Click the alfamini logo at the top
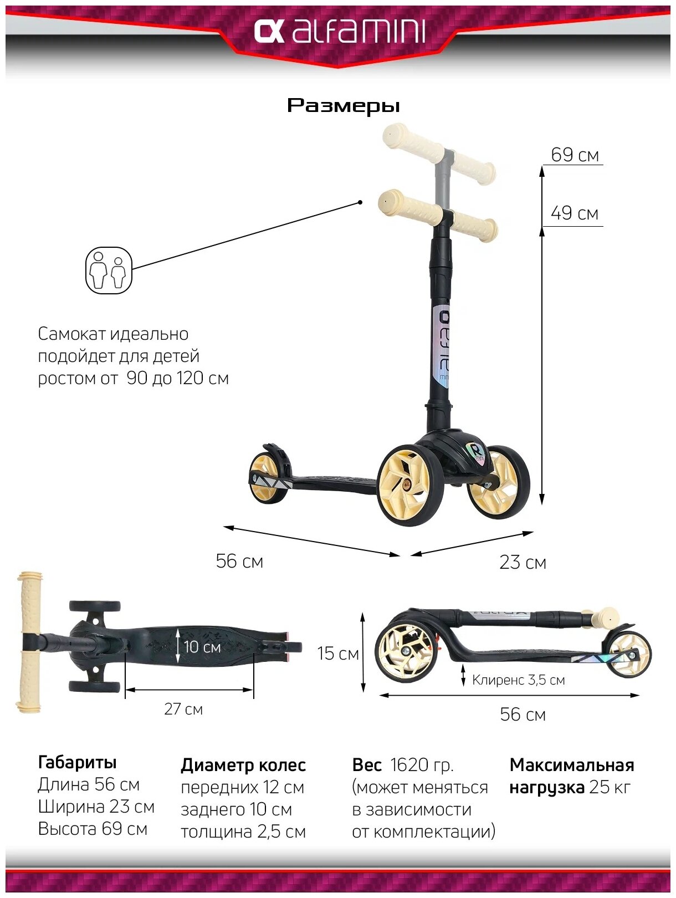click(339, 32)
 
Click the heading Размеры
click(343, 105)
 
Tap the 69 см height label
click(575, 155)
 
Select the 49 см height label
click(575, 213)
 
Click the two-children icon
click(109, 271)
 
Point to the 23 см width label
click(523, 563)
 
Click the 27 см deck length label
click(183, 709)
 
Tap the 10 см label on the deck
click(202, 647)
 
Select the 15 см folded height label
click(338, 654)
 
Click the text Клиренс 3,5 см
click(518, 680)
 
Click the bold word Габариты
click(77, 763)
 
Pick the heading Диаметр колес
click(243, 766)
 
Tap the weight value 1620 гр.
click(422, 765)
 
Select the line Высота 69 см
click(93, 829)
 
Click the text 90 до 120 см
click(177, 378)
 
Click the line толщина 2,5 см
click(243, 832)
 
